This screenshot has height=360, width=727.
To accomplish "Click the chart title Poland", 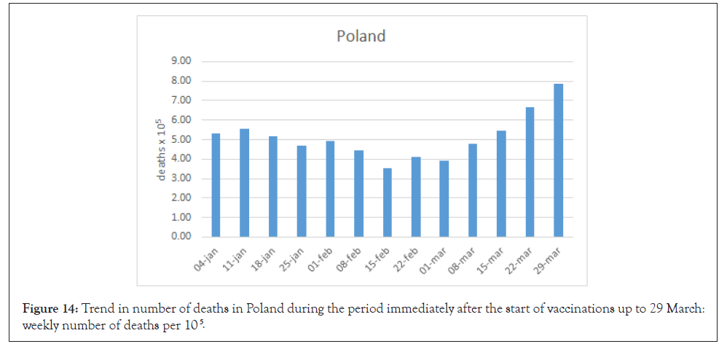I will click(x=361, y=36).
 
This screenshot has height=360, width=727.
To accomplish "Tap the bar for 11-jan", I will click(x=244, y=183).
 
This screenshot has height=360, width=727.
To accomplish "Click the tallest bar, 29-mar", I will click(x=558, y=160).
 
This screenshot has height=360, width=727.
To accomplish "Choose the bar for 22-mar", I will click(x=530, y=172).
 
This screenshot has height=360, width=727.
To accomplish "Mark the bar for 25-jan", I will click(x=301, y=191).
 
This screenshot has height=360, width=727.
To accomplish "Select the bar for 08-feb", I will click(x=358, y=193).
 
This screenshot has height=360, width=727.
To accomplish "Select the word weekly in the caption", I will click(x=42, y=325).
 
